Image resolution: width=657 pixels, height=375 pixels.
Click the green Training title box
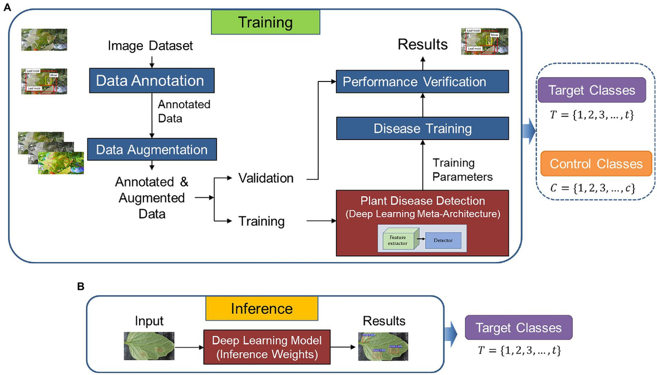click(x=266, y=23)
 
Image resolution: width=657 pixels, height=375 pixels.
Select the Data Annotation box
click(x=151, y=81)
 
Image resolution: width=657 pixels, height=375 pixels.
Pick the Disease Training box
click(x=422, y=129)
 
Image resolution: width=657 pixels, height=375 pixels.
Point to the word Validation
click(x=267, y=178)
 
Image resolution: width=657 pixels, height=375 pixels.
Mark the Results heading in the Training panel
click(x=422, y=44)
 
